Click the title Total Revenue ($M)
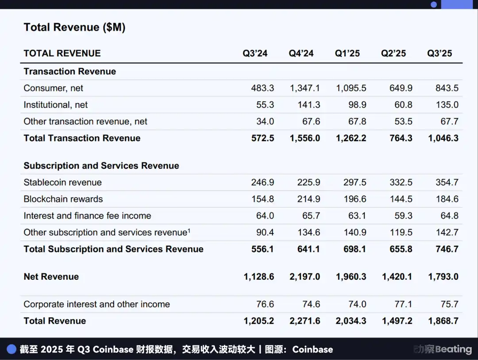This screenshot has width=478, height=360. coord(74,27)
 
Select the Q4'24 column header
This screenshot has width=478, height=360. coord(301,54)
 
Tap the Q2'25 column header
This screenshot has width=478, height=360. coord(393,54)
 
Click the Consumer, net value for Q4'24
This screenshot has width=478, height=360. coord(305,88)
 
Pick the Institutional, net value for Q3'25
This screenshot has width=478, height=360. coord(447,105)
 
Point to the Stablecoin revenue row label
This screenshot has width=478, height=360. coord(62,182)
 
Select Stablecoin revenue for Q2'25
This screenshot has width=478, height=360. coord(401,182)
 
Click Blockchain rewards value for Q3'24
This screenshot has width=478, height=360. coord(262,199)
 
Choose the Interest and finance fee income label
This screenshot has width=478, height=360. coord(87,216)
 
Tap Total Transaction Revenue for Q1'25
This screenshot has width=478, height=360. coord(351,138)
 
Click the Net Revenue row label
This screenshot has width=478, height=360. coord(51,277)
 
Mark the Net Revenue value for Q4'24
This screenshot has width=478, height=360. coord(305,277)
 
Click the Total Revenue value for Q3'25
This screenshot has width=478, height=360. coord(443,321)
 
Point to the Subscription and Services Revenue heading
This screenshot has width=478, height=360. coord(101,166)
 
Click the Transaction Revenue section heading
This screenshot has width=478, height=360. coord(69,72)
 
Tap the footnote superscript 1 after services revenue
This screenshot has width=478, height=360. coord(189,230)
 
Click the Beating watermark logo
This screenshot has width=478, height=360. coord(443,349)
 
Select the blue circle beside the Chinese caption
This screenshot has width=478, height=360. coord(12,349)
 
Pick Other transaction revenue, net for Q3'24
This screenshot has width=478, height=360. coord(265,122)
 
